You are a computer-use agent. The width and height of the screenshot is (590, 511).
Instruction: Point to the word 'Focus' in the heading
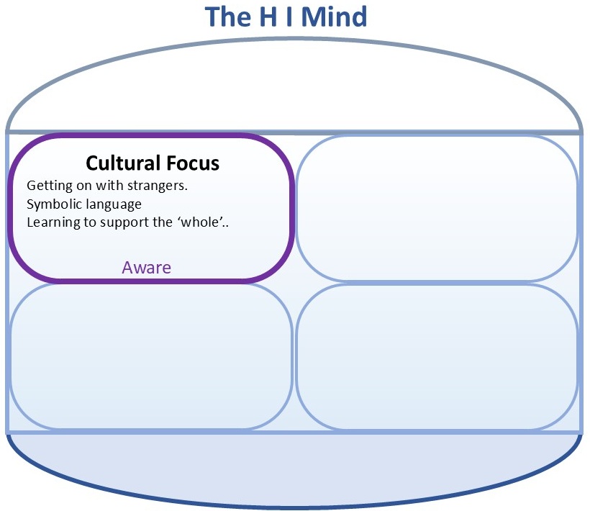pyautogui.click(x=190, y=163)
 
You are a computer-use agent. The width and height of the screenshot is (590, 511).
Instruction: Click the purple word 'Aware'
pyautogui.click(x=147, y=268)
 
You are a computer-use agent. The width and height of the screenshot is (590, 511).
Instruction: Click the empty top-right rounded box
pyautogui.click(x=437, y=209)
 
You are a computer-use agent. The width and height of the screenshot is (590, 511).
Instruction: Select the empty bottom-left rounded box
pyautogui.click(x=151, y=356)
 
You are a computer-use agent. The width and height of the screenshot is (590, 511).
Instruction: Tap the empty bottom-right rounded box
pyautogui.click(x=437, y=356)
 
